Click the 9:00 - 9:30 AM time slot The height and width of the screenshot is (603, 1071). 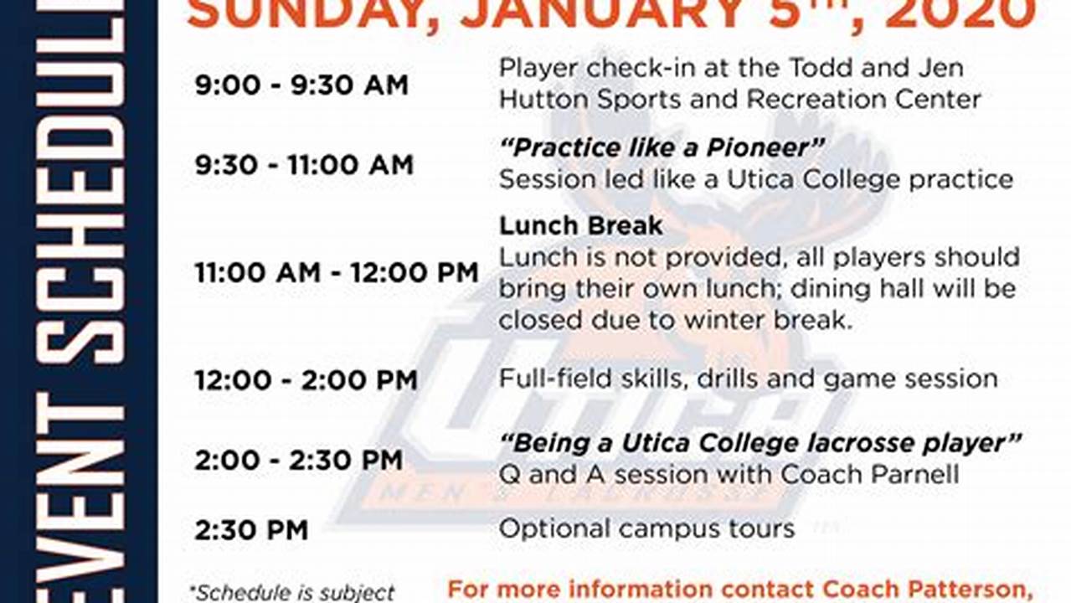tap(301, 85)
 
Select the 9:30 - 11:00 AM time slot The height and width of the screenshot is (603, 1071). tap(304, 164)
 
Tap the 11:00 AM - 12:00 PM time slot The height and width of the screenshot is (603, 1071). tap(337, 272)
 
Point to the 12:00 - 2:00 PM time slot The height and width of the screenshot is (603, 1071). tap(306, 380)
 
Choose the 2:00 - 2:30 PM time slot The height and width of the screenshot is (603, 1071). tap(299, 460)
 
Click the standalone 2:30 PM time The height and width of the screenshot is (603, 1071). tap(251, 529)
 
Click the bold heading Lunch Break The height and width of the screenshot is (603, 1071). tap(580, 225)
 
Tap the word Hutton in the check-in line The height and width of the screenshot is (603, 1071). tap(543, 99)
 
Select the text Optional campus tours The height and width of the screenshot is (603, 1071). tap(646, 528)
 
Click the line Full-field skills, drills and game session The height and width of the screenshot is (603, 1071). tap(748, 379)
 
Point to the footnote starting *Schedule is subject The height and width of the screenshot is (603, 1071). tap(291, 593)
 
